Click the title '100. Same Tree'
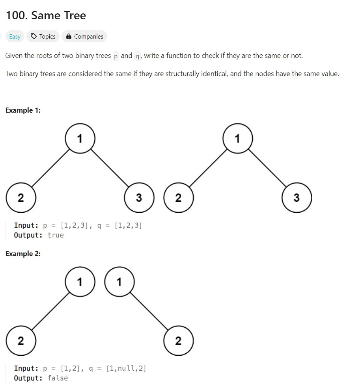46,15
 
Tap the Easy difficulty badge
15,37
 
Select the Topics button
43,37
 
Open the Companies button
84,37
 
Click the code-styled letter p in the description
116,56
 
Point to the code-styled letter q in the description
137,56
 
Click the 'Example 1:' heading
23,110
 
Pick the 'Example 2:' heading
23,254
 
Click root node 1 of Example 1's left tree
80,139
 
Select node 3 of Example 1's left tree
139,198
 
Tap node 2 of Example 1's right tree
178,198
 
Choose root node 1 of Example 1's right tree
237,139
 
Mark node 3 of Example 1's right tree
297,198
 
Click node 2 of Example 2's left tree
21,341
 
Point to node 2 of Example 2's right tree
178,341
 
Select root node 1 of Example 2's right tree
119,282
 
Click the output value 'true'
56,235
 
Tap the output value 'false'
58,378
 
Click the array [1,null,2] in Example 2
126,369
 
